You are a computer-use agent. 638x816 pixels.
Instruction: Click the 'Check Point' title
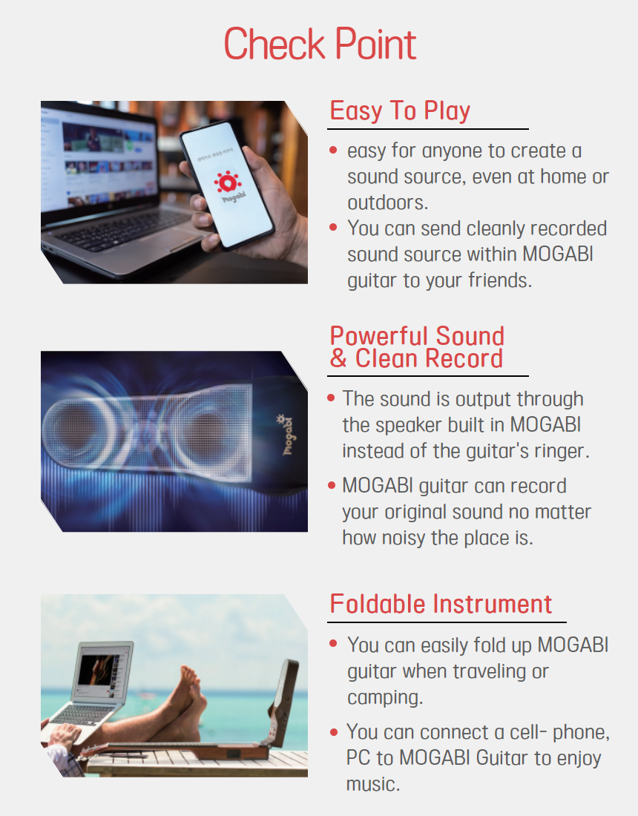(x=320, y=45)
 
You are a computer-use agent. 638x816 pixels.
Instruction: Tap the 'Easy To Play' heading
(x=400, y=111)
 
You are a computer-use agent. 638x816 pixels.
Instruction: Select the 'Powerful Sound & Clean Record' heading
(x=417, y=347)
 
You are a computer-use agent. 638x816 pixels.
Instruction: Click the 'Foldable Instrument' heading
(x=441, y=604)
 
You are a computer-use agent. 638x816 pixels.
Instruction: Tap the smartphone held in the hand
(x=228, y=184)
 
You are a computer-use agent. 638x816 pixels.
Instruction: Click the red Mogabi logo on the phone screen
(x=228, y=183)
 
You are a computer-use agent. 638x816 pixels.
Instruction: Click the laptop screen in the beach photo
(x=103, y=671)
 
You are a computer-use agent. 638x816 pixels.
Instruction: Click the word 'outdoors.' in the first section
(x=388, y=203)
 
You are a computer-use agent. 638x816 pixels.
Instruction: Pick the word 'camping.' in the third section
(x=385, y=698)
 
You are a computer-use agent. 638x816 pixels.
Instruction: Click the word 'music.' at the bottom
(x=373, y=784)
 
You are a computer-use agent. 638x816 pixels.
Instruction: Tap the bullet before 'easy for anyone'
(x=334, y=151)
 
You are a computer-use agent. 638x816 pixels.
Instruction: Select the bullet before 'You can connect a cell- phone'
(x=334, y=731)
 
